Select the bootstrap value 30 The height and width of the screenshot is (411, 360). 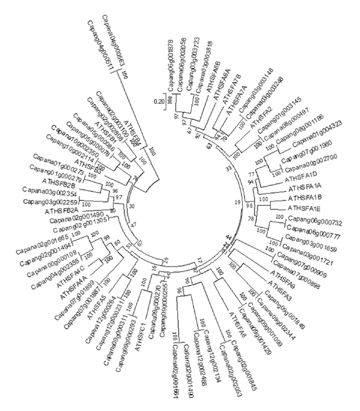(x=132, y=206)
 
